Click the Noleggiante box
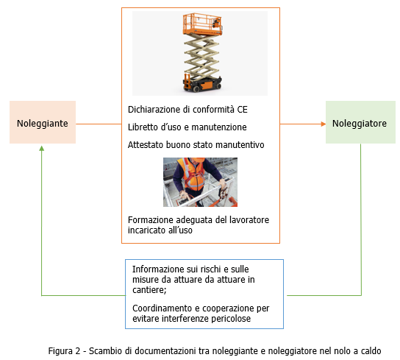43,123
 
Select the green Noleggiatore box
360,123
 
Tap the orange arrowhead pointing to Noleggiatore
321,123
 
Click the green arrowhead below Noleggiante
43,149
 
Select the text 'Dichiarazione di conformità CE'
187,109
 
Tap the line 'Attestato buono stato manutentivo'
195,144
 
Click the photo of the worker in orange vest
200,182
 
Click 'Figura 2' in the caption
64,350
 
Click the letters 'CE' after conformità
242,109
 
